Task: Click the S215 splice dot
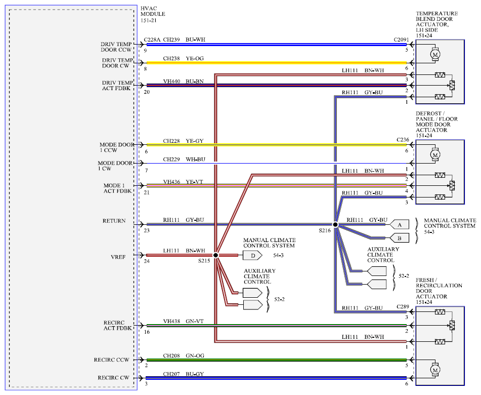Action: point(215,255)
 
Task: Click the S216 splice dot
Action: point(335,224)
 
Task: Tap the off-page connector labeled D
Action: point(252,255)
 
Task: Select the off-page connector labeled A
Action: point(400,224)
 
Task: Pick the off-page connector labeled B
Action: point(400,238)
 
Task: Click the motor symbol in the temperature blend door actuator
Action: point(434,54)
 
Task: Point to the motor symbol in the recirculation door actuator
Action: point(434,370)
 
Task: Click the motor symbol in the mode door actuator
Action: point(434,155)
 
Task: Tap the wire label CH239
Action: point(171,39)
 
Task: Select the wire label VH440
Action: point(171,82)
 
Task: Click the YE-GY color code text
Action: point(195,141)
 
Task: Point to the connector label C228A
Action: point(152,39)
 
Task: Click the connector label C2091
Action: point(401,39)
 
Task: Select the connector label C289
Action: point(403,306)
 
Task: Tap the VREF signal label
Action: point(118,257)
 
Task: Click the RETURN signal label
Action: point(114,221)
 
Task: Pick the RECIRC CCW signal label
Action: point(112,360)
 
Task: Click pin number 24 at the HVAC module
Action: point(147,261)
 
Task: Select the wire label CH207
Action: point(171,374)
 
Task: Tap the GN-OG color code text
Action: point(195,355)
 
